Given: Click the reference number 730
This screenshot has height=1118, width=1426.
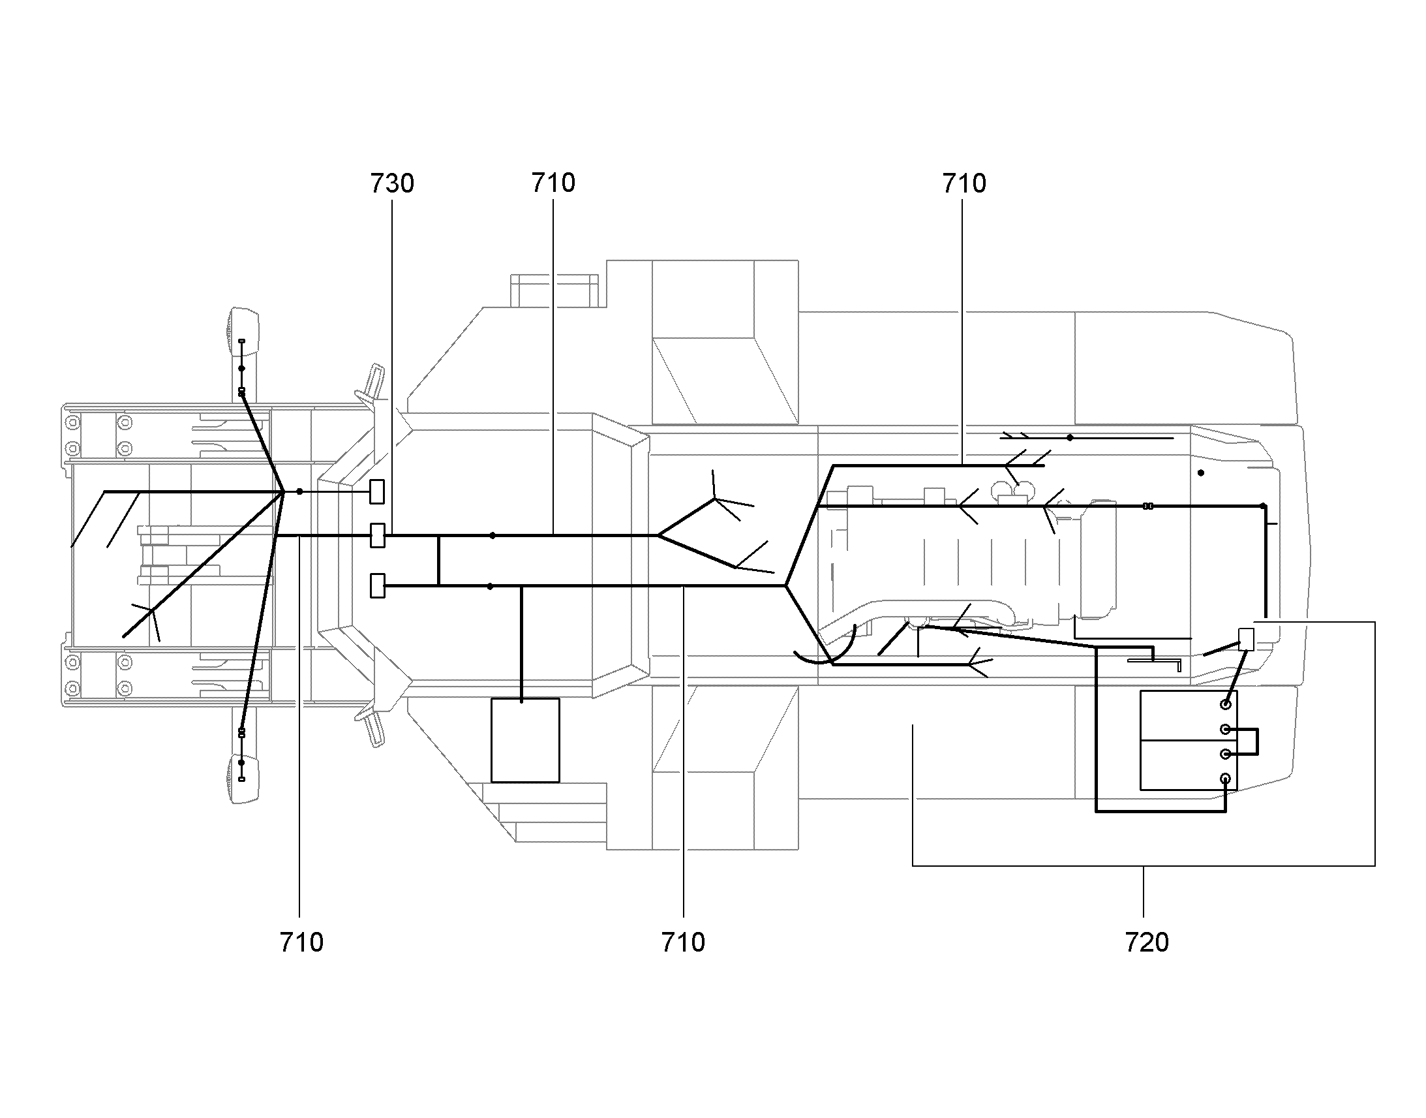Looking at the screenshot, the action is [392, 184].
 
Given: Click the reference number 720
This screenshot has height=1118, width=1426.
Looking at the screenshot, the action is [1147, 942].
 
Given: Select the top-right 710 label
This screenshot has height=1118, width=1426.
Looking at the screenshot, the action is [963, 184].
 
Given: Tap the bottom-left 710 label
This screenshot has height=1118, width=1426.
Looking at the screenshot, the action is [301, 942].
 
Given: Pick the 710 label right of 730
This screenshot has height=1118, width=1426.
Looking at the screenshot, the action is [553, 183].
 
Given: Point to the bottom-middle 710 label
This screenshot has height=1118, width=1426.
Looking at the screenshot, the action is [683, 942].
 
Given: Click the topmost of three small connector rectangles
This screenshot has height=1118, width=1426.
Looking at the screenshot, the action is [377, 491].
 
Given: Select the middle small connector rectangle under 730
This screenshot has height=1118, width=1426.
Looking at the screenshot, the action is [378, 535].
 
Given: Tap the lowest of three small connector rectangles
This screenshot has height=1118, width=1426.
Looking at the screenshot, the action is [378, 585].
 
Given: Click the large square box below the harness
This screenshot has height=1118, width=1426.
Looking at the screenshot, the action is [525, 740].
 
